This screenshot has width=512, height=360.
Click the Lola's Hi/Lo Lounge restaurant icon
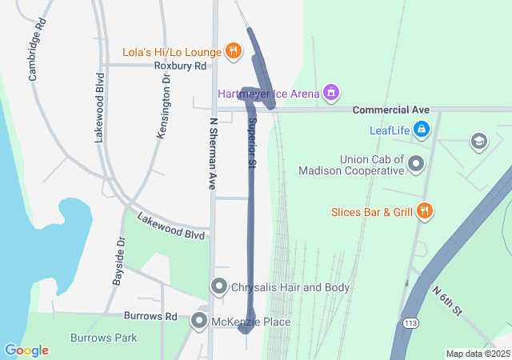pyautogui.click(x=234, y=51)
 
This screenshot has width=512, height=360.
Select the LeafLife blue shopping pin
pyautogui.click(x=422, y=129)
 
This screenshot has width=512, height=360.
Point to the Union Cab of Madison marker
pyautogui.click(x=416, y=165)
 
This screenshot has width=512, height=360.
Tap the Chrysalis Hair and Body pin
pyautogui.click(x=218, y=286)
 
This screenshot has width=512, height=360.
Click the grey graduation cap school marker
pyautogui.click(x=479, y=142)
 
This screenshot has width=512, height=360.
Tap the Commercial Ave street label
pyautogui.click(x=391, y=110)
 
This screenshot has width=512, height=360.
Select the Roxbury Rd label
pyautogui.click(x=180, y=66)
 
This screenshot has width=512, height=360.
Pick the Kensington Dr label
pyautogui.click(x=164, y=106)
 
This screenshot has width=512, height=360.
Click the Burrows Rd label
pyautogui.click(x=150, y=316)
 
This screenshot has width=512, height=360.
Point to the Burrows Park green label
pyautogui.click(x=104, y=338)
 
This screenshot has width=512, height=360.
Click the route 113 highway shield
pyautogui.click(x=410, y=323)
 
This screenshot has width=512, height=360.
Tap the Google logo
pyautogui.click(x=26, y=350)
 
